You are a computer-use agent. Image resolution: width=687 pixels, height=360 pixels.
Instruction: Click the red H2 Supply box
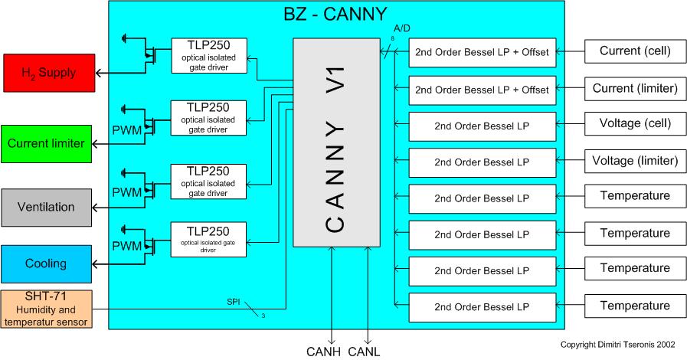pyautogui.click(x=48, y=73)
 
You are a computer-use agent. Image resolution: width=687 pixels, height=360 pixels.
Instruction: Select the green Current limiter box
pyautogui.click(x=48, y=143)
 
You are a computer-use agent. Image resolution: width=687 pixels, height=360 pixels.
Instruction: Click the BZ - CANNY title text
pyautogui.click(x=335, y=13)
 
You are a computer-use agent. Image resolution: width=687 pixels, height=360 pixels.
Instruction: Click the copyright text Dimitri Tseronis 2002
pyautogui.click(x=618, y=345)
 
